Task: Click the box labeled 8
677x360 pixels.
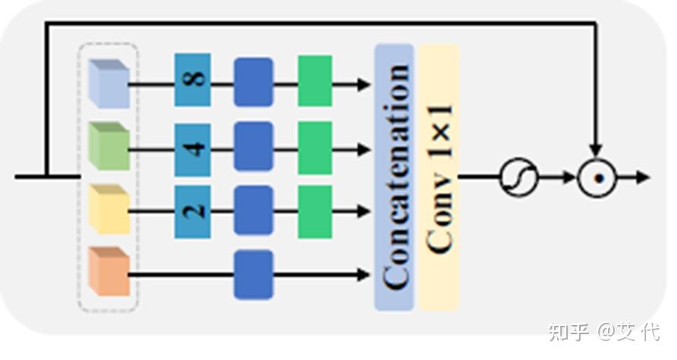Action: point(192,80)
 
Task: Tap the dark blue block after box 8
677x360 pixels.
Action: point(253,81)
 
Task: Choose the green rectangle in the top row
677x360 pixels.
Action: point(314,81)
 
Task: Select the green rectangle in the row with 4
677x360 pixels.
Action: point(314,147)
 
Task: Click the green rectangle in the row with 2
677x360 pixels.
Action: point(314,211)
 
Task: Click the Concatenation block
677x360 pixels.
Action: point(394,177)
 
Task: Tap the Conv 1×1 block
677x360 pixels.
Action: point(438,177)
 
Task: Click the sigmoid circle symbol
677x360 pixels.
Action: point(518,178)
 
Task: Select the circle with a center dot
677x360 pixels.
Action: point(597,178)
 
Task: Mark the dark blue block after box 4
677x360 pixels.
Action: point(253,147)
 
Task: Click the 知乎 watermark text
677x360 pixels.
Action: point(568,332)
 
